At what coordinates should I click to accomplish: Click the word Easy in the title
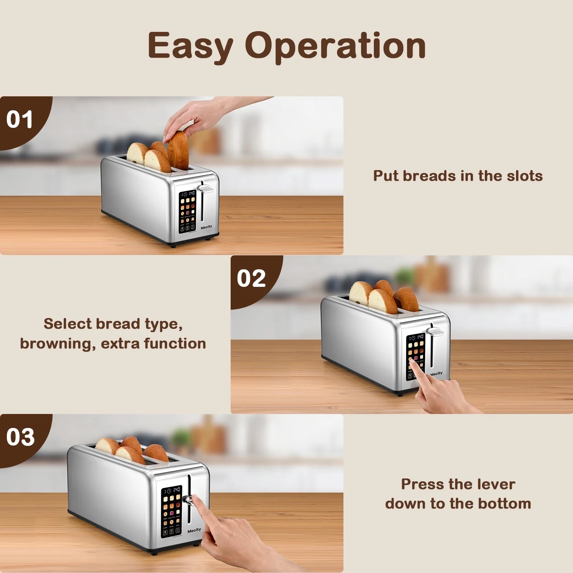pyautogui.click(x=191, y=46)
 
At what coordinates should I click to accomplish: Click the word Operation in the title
pyautogui.click(x=336, y=46)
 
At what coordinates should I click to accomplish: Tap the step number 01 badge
pyautogui.click(x=19, y=120)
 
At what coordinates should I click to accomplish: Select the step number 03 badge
pyautogui.click(x=20, y=437)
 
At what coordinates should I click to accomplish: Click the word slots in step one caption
pyautogui.click(x=525, y=176)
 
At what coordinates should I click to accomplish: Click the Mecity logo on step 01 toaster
pyautogui.click(x=206, y=227)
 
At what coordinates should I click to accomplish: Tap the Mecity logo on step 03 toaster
pyautogui.click(x=194, y=530)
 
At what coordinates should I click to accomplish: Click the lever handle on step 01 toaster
pyautogui.click(x=206, y=188)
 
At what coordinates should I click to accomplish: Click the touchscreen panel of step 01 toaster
pyautogui.click(x=188, y=211)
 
